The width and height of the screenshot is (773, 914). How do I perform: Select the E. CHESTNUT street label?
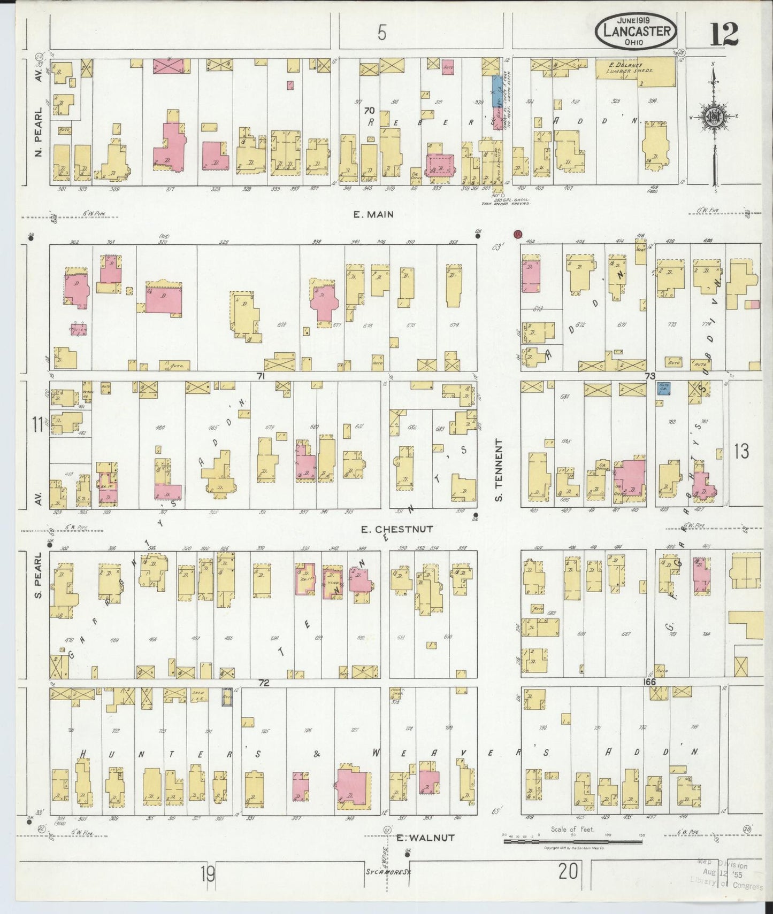[x=396, y=529]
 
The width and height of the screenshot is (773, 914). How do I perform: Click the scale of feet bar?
[x=575, y=841]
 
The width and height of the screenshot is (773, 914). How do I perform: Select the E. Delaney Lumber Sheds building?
[x=636, y=71]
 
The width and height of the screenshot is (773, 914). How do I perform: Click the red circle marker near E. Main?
[x=517, y=234]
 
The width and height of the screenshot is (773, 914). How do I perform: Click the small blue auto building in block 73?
[x=664, y=388]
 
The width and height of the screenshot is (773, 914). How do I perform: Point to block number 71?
[x=261, y=376]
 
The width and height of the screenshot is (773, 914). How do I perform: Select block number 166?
[x=649, y=682]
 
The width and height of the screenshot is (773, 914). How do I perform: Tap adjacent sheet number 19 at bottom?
[x=208, y=874]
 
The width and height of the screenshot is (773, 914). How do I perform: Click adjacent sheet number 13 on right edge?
[x=741, y=452]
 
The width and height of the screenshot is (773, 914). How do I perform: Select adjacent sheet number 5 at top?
[x=381, y=33]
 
